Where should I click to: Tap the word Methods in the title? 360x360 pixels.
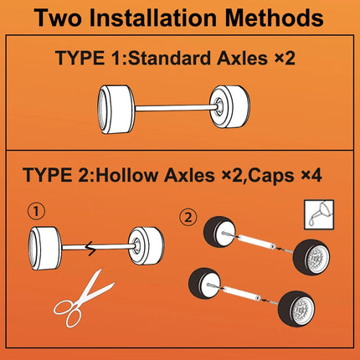coord(274,18)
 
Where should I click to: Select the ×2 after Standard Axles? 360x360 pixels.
coord(285,59)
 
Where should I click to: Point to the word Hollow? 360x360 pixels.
coord(128,175)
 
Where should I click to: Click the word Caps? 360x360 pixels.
coord(270,176)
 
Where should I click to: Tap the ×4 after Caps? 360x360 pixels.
coord(311,176)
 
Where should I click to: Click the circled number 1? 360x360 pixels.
coord(36,212)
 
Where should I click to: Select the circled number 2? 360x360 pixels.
coord(188,218)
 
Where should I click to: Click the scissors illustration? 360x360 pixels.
coord(84,299)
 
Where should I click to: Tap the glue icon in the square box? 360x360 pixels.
coord(319,214)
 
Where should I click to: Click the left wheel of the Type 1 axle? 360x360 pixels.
coord(116,110)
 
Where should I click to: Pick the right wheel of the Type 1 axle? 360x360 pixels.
coord(229,106)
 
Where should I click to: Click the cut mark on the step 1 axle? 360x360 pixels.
coord(90,248)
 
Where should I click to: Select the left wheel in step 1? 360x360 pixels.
coord(45,248)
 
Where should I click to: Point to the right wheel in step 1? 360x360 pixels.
coord(147,246)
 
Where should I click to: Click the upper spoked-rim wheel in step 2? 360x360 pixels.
coord(311,257)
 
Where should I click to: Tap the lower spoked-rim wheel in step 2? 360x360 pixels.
coord(296,309)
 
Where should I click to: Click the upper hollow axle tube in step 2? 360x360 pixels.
coord(256,241)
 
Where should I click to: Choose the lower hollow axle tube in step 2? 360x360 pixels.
coord(242,293)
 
